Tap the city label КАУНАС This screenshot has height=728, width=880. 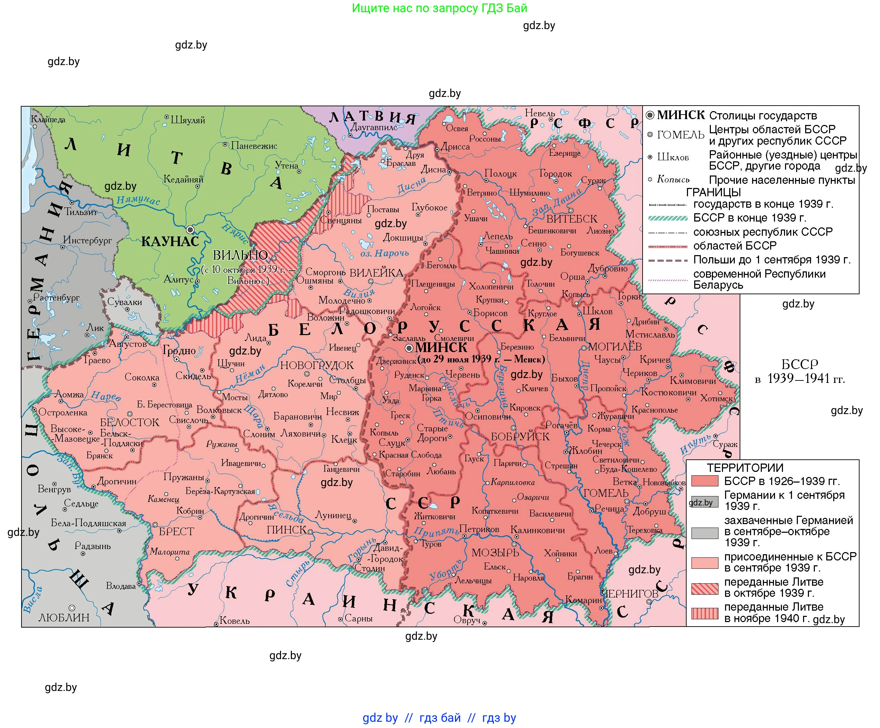coord(170,242)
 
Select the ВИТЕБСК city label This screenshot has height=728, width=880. coord(572,219)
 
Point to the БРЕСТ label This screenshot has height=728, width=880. coord(176,532)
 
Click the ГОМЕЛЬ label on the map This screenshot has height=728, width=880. coord(606,493)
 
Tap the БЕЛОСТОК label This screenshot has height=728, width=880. coord(130,422)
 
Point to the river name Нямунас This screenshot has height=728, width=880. coord(138,200)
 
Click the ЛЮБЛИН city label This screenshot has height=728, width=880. coord(64,618)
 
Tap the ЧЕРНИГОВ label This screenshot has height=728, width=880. coord(630,594)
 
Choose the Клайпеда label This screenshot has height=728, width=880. coord(48,120)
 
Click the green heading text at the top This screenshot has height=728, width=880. coord(439,8)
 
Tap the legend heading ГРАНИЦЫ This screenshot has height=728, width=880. coord(713,192)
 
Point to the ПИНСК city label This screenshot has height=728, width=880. coord(286,530)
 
